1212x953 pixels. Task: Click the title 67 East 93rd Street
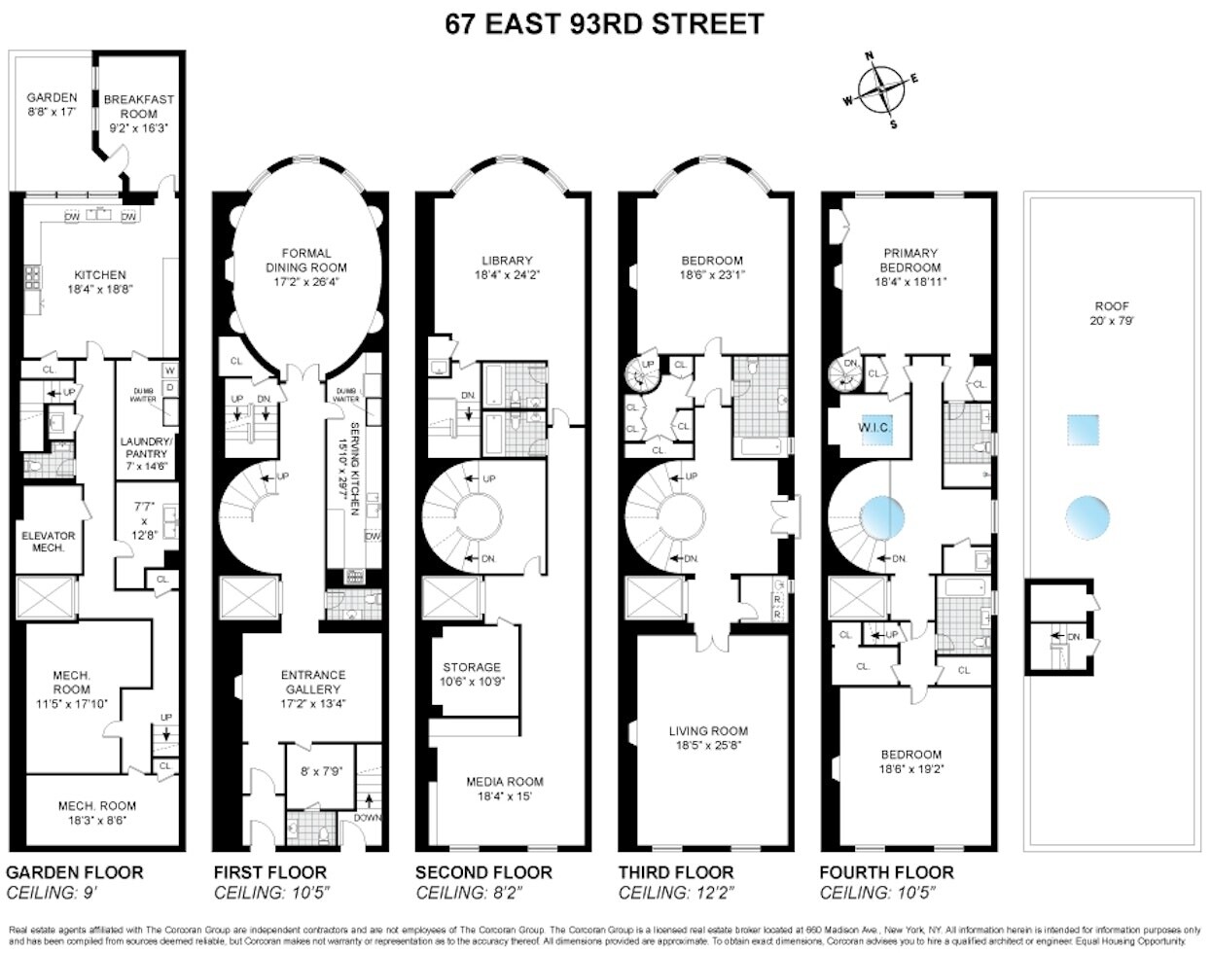[x=604, y=23]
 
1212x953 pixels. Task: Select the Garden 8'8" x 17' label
[x=52, y=105]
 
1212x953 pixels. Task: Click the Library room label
[x=507, y=267]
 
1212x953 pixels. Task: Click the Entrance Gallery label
[x=312, y=682]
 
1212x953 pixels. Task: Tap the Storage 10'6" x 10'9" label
[x=472, y=674]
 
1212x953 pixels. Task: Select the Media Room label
[x=505, y=789]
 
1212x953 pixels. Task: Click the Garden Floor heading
[x=74, y=872]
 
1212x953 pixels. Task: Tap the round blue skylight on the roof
[x=1087, y=514]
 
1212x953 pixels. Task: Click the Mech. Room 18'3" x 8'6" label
[x=96, y=812]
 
